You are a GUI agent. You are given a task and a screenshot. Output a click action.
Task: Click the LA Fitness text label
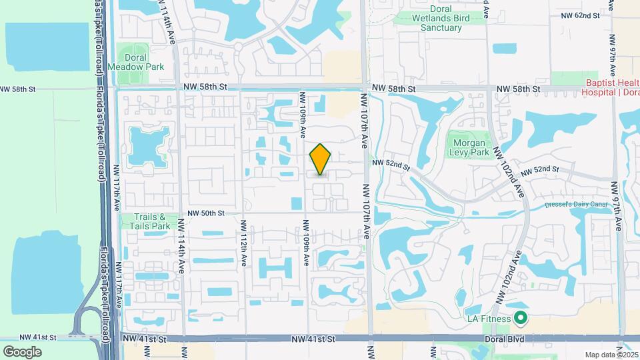(488, 319)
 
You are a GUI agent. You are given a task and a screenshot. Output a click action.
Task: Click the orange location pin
(320, 159)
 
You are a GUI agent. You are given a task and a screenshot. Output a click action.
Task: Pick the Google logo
(22, 351)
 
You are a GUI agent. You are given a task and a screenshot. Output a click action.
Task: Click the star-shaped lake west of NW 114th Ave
(149, 146)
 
